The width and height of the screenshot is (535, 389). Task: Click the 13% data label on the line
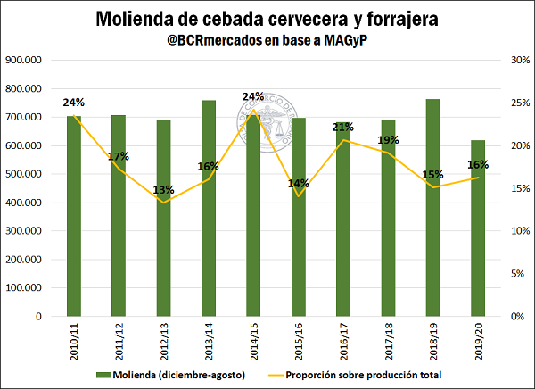tap(164, 189)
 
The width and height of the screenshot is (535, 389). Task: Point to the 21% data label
tap(343, 128)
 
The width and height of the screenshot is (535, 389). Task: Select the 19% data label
tap(388, 140)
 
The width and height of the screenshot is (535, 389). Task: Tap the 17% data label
tap(119, 157)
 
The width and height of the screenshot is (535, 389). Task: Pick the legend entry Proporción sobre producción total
tap(366, 374)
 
